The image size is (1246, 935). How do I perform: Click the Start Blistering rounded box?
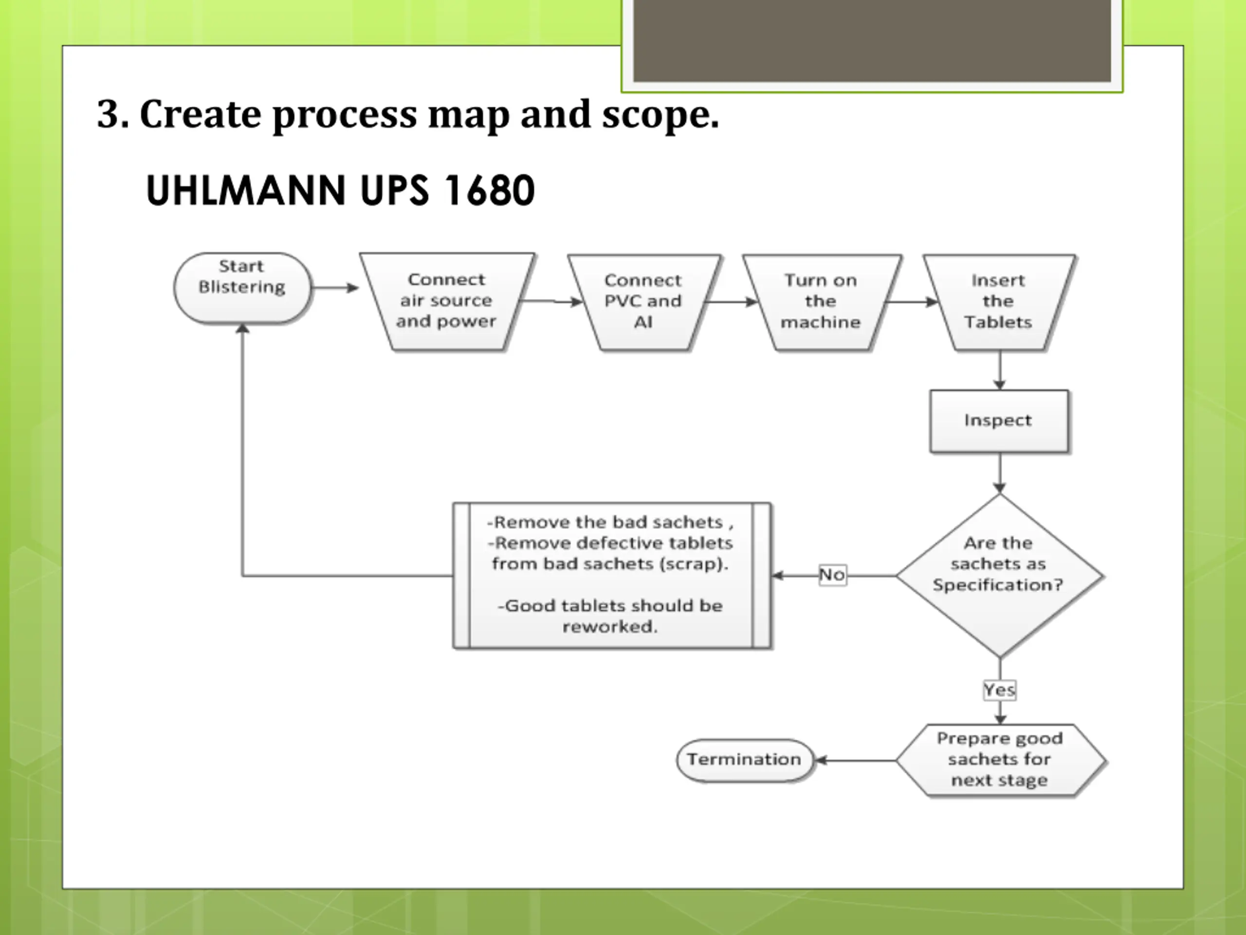tap(242, 287)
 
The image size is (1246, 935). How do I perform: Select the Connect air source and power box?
tap(447, 301)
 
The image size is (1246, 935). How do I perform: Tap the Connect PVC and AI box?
tap(643, 302)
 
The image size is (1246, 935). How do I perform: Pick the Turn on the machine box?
tap(821, 302)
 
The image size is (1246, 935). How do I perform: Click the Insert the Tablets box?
tap(999, 302)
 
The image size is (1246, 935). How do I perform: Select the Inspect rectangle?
tap(999, 420)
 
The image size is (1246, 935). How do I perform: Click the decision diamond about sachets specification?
tap(999, 575)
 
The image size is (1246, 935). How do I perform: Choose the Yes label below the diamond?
tap(1000, 690)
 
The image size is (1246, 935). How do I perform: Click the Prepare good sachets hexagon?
tap(1000, 760)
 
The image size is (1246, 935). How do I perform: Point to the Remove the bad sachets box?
tap(612, 575)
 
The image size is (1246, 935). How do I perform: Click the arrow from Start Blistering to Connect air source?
tap(335, 288)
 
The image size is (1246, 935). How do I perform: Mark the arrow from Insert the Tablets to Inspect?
tap(1000, 370)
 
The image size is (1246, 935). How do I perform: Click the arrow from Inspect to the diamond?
tap(1000, 473)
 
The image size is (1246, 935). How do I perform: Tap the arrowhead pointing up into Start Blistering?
tap(242, 329)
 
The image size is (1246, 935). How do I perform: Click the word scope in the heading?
tap(659, 114)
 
